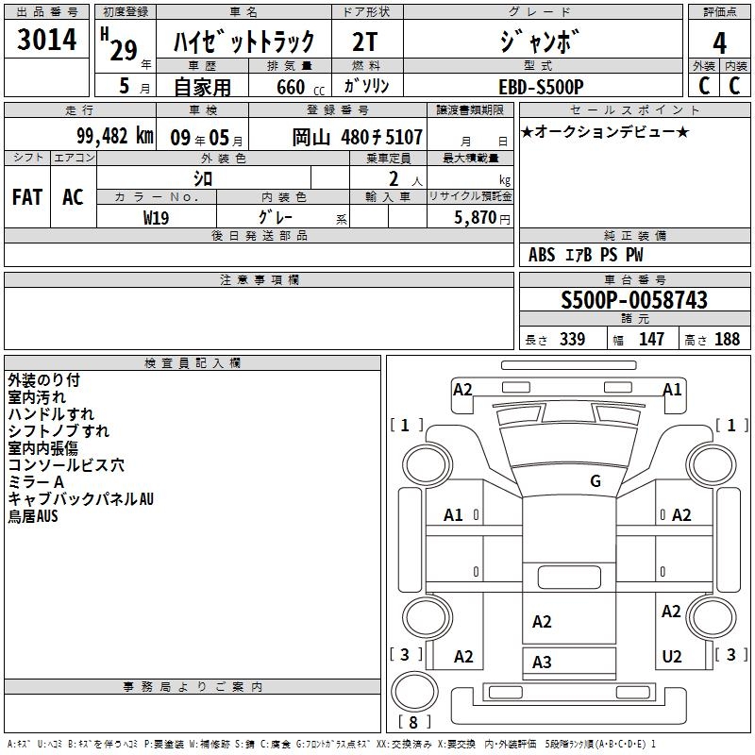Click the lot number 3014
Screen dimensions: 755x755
(46, 40)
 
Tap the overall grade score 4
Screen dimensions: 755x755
(719, 43)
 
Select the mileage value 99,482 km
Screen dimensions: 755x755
(115, 136)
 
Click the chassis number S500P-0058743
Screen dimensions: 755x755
(634, 300)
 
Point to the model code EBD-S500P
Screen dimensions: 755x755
(541, 87)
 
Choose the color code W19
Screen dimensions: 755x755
(156, 218)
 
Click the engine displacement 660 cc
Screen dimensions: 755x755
(300, 87)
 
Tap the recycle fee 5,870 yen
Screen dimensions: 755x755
(482, 218)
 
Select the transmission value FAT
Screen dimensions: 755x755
(27, 197)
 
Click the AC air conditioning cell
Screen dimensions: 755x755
(73, 197)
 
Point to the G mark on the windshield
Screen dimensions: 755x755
(596, 481)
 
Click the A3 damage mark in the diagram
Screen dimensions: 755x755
(542, 663)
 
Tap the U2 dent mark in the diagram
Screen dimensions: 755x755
(672, 656)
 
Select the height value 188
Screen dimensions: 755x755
(727, 339)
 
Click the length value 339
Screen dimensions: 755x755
(573, 339)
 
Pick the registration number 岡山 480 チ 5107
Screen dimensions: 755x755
(358, 137)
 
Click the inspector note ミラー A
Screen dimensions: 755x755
(36, 482)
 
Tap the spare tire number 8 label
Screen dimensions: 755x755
(413, 722)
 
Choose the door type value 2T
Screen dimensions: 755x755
(364, 42)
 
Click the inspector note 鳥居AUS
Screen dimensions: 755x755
(33, 516)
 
